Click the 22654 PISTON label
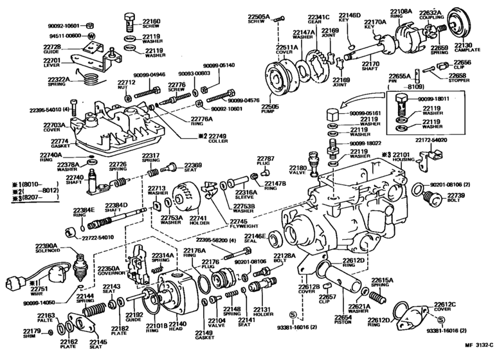(343, 320)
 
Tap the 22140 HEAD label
(177, 327)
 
